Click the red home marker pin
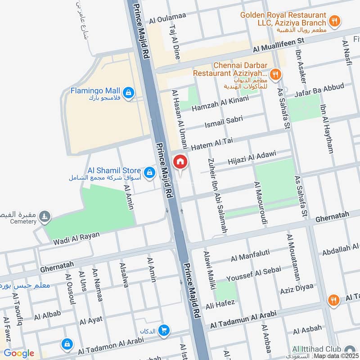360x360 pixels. click(x=180, y=162)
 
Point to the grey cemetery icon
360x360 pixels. click(x=45, y=217)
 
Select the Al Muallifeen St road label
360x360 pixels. click(x=279, y=45)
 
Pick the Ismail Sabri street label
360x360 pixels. click(x=223, y=121)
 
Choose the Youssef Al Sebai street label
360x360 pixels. click(x=253, y=272)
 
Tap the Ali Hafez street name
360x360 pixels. click(x=220, y=304)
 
